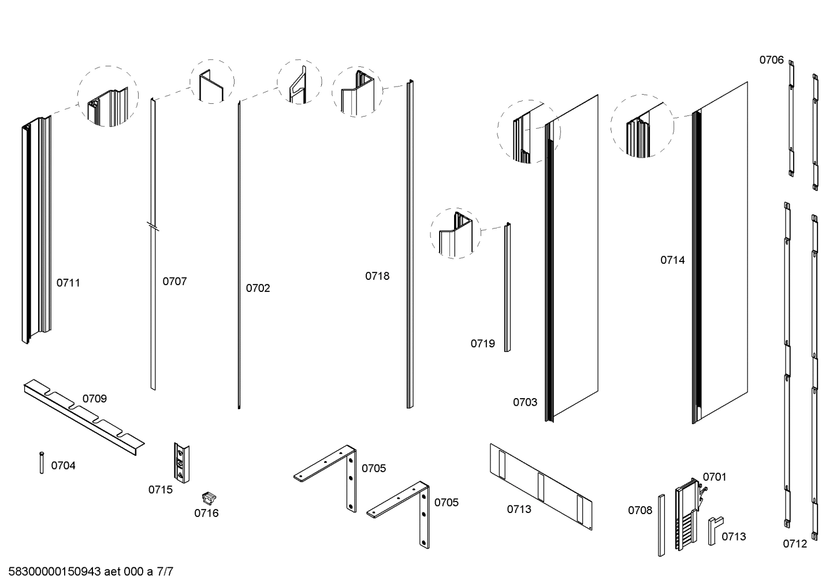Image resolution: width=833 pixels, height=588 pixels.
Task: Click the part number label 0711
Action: (x=68, y=283)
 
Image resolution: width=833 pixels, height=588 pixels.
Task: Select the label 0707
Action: (x=174, y=281)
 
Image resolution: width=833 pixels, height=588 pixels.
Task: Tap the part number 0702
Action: (x=258, y=288)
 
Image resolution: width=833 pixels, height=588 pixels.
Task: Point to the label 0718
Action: (x=377, y=276)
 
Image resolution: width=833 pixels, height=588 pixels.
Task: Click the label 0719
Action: (x=482, y=343)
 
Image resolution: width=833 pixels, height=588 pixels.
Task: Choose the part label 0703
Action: (x=525, y=402)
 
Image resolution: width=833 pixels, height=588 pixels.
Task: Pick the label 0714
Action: (x=672, y=260)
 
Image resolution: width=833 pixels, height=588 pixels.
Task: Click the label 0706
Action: (x=771, y=60)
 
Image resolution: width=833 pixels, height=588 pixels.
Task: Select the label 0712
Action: (x=795, y=544)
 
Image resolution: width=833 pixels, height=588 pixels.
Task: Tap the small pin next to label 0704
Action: (x=42, y=463)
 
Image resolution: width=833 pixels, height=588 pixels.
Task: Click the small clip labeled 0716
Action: (x=208, y=497)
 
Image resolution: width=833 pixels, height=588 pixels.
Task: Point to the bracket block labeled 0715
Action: (x=182, y=462)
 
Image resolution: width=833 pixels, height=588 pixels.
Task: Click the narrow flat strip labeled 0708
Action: (x=661, y=525)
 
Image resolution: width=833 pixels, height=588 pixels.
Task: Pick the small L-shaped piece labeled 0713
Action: (x=714, y=529)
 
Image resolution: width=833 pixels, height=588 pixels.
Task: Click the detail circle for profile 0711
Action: (x=108, y=96)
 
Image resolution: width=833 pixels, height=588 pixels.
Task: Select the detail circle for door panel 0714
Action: (x=642, y=126)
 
